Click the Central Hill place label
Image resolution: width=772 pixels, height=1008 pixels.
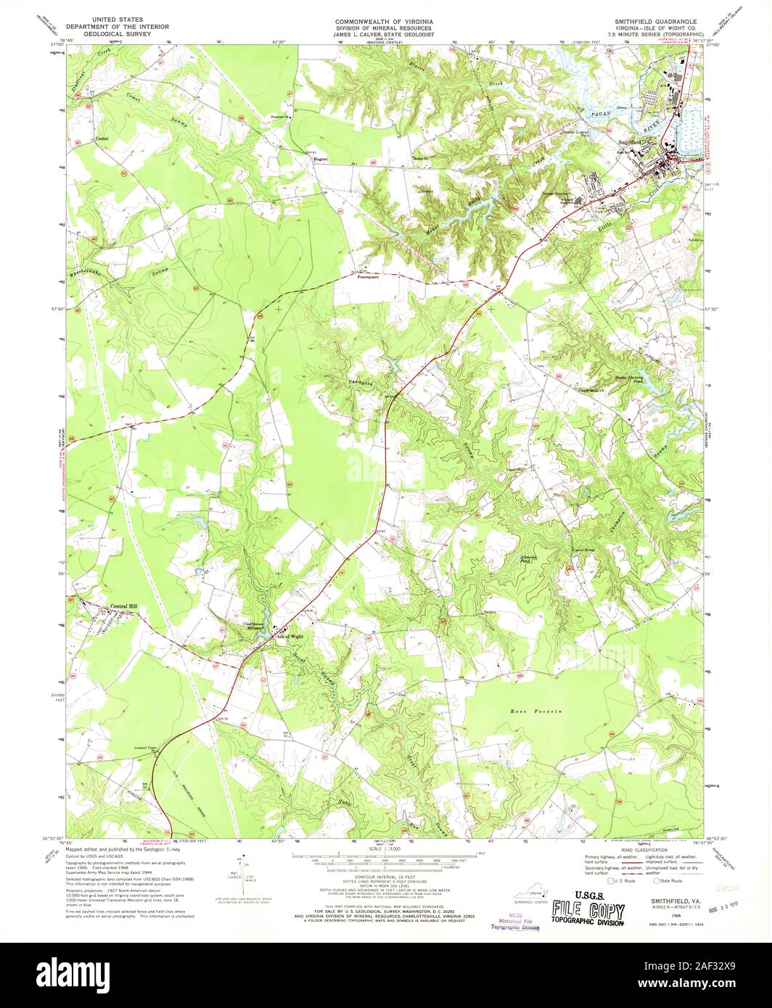[x=123, y=607]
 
